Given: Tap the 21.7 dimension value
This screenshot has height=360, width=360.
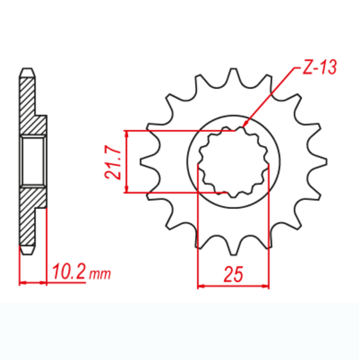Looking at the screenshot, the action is point(113,162).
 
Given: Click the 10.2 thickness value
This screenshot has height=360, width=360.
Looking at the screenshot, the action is point(69,271).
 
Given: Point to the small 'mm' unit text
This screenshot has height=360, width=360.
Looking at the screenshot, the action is point(100,274).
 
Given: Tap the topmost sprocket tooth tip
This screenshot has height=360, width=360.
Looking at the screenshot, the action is point(233,69).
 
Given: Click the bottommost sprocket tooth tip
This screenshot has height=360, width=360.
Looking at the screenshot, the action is point(233,254).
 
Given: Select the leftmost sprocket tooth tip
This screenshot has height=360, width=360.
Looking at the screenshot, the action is point(141,162).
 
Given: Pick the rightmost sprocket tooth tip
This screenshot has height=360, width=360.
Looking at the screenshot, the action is point(327,162).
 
